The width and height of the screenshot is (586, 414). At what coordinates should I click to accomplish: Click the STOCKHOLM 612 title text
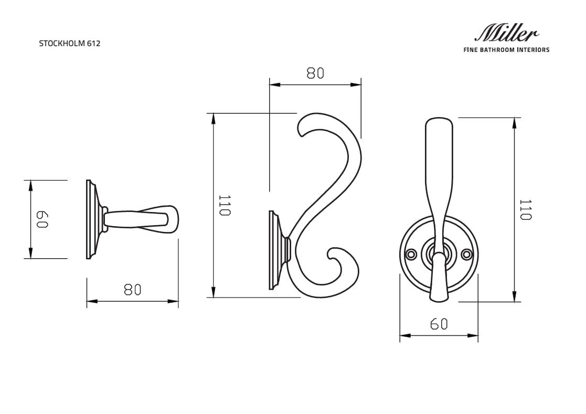click(x=69, y=44)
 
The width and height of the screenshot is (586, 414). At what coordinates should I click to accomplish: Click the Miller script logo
click(x=506, y=34)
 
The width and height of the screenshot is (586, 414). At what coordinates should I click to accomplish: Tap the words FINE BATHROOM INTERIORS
click(x=506, y=50)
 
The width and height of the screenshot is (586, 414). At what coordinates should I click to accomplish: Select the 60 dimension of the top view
click(x=42, y=219)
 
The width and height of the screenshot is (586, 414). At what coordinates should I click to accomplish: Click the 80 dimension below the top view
click(x=133, y=290)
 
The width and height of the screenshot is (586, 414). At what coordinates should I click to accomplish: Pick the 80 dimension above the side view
click(x=315, y=73)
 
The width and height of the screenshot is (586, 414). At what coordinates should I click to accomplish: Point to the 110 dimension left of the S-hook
click(x=225, y=205)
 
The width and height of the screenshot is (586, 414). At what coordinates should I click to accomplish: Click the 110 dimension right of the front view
click(x=525, y=209)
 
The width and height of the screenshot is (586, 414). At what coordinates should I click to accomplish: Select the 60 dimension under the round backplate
click(x=439, y=324)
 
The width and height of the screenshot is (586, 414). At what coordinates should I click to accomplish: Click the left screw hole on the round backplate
click(x=411, y=254)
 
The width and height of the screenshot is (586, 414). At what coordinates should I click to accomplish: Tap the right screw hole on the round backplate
click(x=466, y=254)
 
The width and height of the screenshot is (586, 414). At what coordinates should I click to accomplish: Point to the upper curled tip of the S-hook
click(x=301, y=129)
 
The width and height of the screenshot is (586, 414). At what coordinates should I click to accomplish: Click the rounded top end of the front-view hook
click(x=439, y=123)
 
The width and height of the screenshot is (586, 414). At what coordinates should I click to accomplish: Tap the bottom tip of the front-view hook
click(x=439, y=299)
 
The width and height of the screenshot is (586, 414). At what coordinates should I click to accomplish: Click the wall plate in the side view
click(x=273, y=250)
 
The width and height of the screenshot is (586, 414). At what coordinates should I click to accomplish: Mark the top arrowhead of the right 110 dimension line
click(x=514, y=122)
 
